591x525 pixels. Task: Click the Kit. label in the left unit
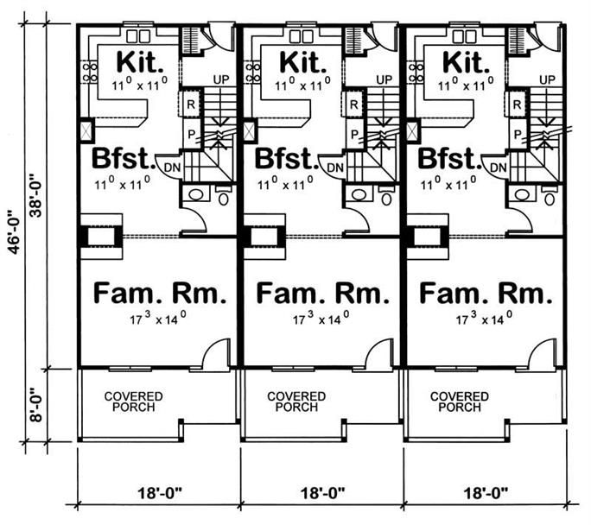(137, 63)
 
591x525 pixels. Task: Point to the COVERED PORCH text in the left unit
(134, 402)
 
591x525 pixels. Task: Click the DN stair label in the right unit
(496, 168)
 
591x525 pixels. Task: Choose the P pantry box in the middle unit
(353, 134)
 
